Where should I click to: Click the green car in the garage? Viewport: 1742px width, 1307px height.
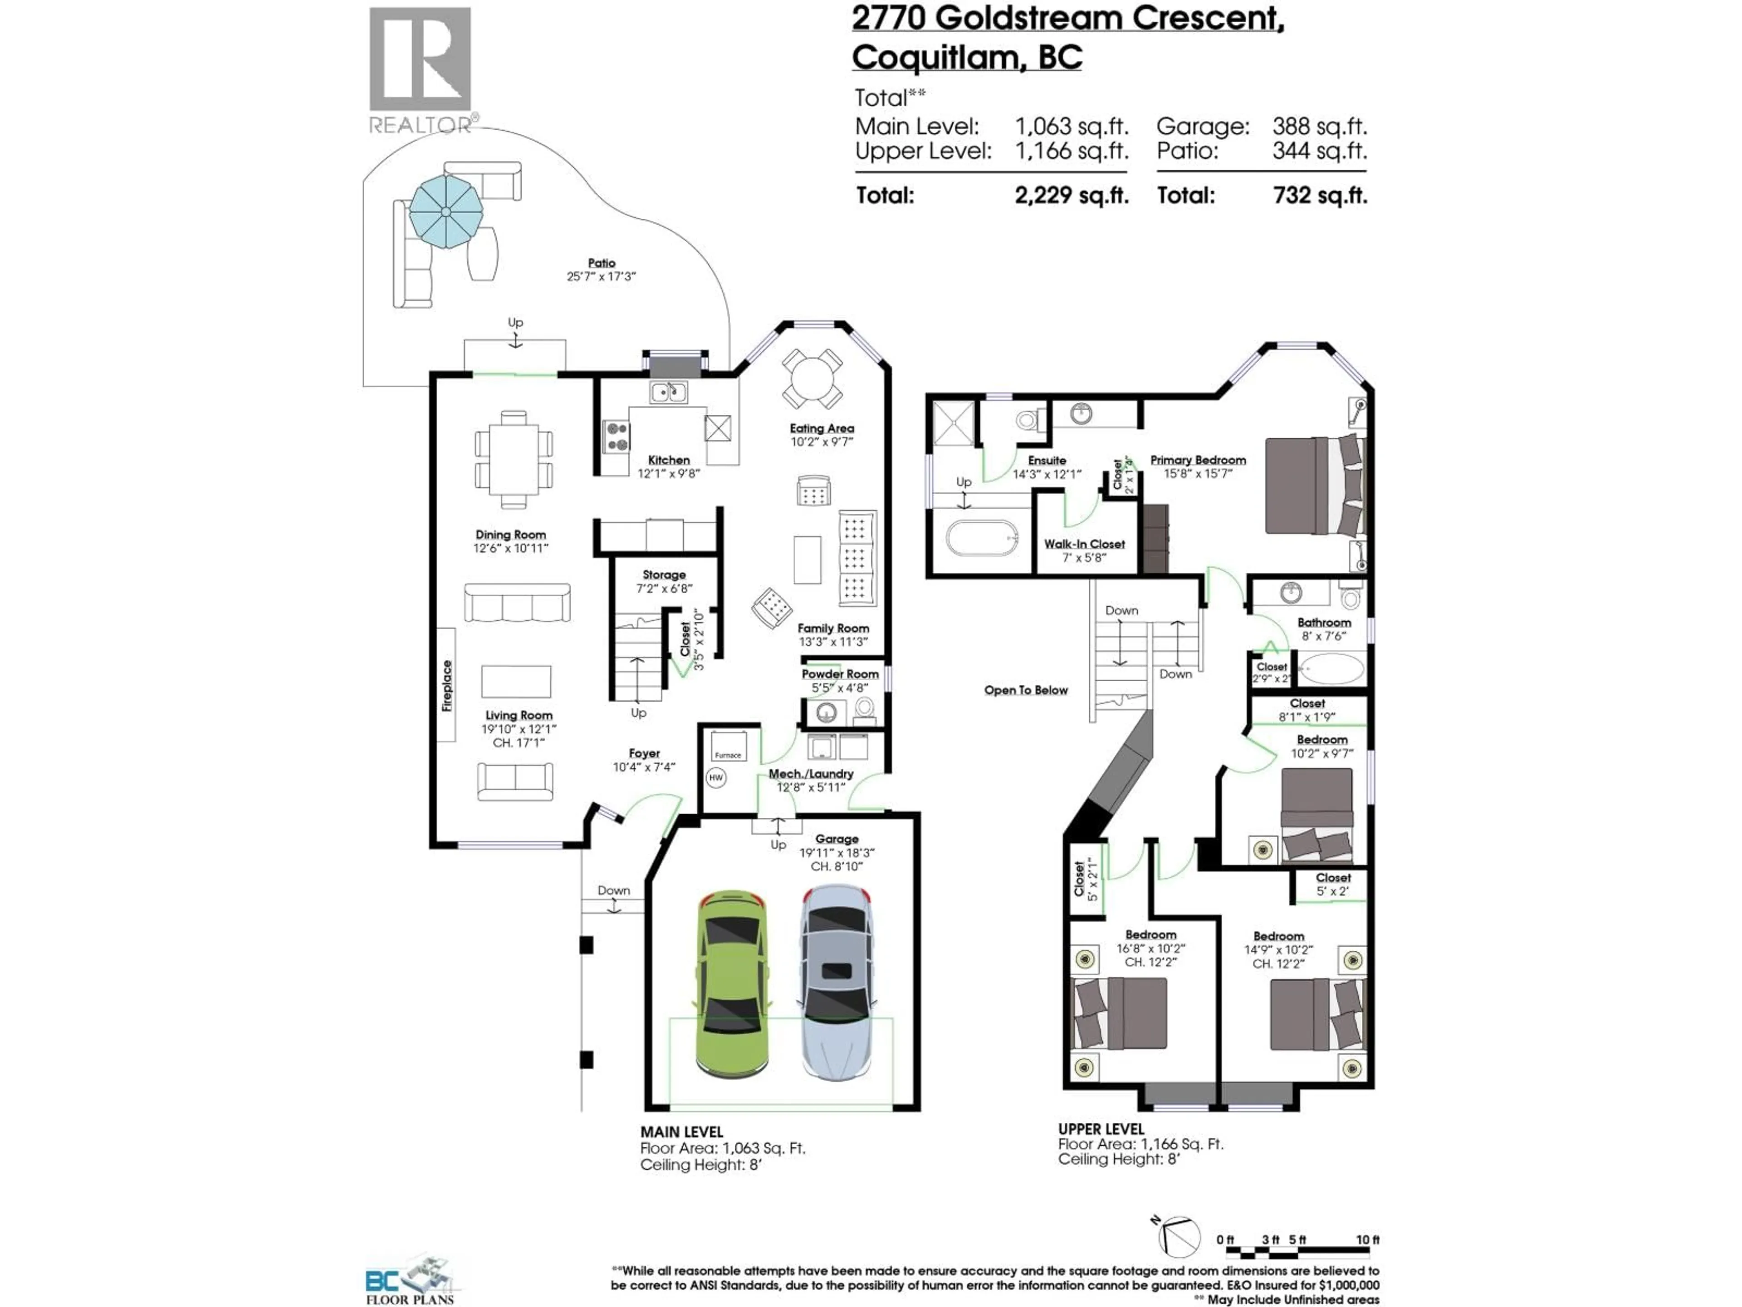tap(732, 985)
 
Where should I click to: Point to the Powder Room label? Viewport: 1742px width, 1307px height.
tap(840, 674)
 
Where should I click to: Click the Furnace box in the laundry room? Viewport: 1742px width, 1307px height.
tap(728, 745)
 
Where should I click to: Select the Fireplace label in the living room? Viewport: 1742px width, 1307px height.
tap(446, 685)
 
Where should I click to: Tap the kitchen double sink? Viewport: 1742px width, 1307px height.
tap(668, 392)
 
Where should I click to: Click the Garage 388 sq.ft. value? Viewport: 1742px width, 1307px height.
tap(1319, 126)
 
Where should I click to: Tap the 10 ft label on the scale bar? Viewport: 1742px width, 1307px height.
tap(1367, 1240)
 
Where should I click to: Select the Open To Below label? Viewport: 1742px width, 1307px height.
tap(1025, 690)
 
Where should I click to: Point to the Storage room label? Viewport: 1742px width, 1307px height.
tap(664, 575)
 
